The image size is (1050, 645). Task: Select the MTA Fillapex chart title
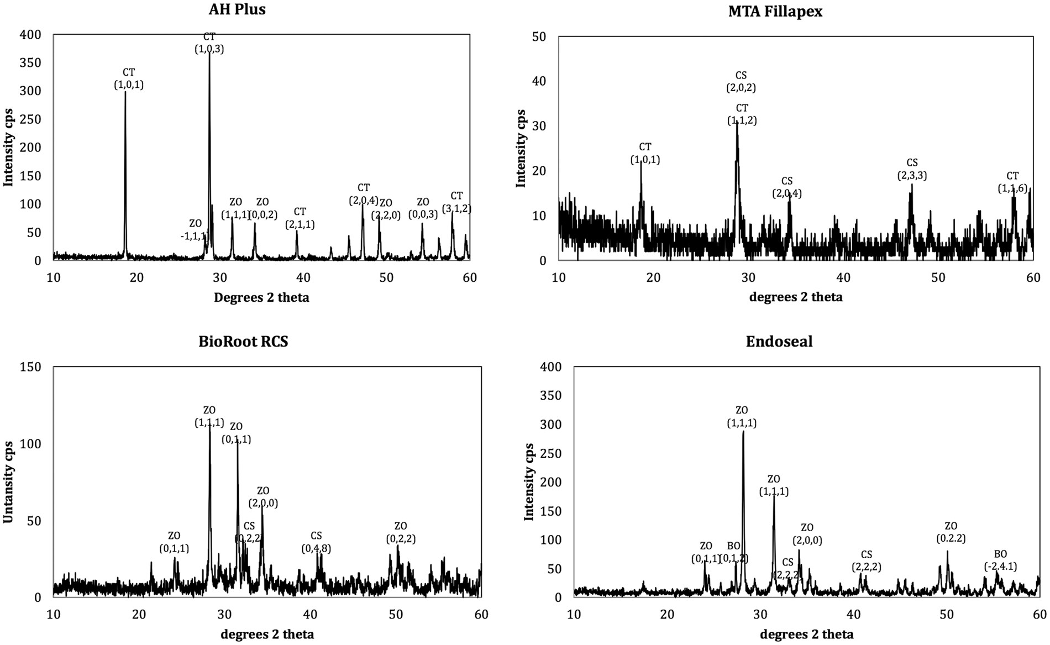coord(775,11)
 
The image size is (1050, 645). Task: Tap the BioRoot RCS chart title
coord(243,342)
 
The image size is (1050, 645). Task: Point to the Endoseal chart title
coord(779,342)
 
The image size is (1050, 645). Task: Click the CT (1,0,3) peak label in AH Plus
coord(209,43)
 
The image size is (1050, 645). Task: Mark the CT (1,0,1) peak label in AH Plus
coord(128,79)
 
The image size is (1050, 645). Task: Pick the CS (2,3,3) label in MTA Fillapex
coord(912,170)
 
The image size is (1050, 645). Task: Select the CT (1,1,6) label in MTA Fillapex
coord(1012,182)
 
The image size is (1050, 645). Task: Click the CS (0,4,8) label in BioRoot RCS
coord(316,542)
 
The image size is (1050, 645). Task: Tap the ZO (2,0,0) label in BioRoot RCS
coord(263,497)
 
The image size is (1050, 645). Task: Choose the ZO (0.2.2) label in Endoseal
coord(951,532)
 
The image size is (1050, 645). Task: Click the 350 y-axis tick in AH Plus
coord(30,63)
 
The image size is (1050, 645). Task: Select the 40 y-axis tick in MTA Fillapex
coord(539,81)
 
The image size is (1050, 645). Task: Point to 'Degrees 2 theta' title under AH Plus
coord(261,298)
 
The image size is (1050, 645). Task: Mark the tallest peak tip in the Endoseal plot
coord(743,432)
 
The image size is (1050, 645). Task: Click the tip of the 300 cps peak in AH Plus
coord(125,92)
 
